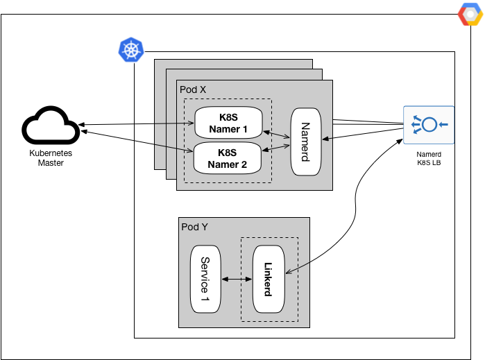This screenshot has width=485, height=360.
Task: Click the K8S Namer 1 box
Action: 228,123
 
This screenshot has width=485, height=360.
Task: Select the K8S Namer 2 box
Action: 228,158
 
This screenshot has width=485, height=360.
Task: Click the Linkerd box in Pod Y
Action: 270,278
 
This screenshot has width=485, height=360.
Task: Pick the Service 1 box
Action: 205,278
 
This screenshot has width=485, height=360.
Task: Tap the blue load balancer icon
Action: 429,125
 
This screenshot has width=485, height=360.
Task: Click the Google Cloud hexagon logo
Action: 470,14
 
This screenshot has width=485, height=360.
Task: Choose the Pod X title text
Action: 193,90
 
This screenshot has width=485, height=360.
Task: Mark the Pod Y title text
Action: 194,227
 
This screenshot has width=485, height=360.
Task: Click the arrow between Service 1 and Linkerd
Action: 237,279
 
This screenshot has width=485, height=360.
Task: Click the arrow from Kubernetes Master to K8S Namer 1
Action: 136,125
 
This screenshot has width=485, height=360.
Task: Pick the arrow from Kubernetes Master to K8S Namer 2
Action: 136,139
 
